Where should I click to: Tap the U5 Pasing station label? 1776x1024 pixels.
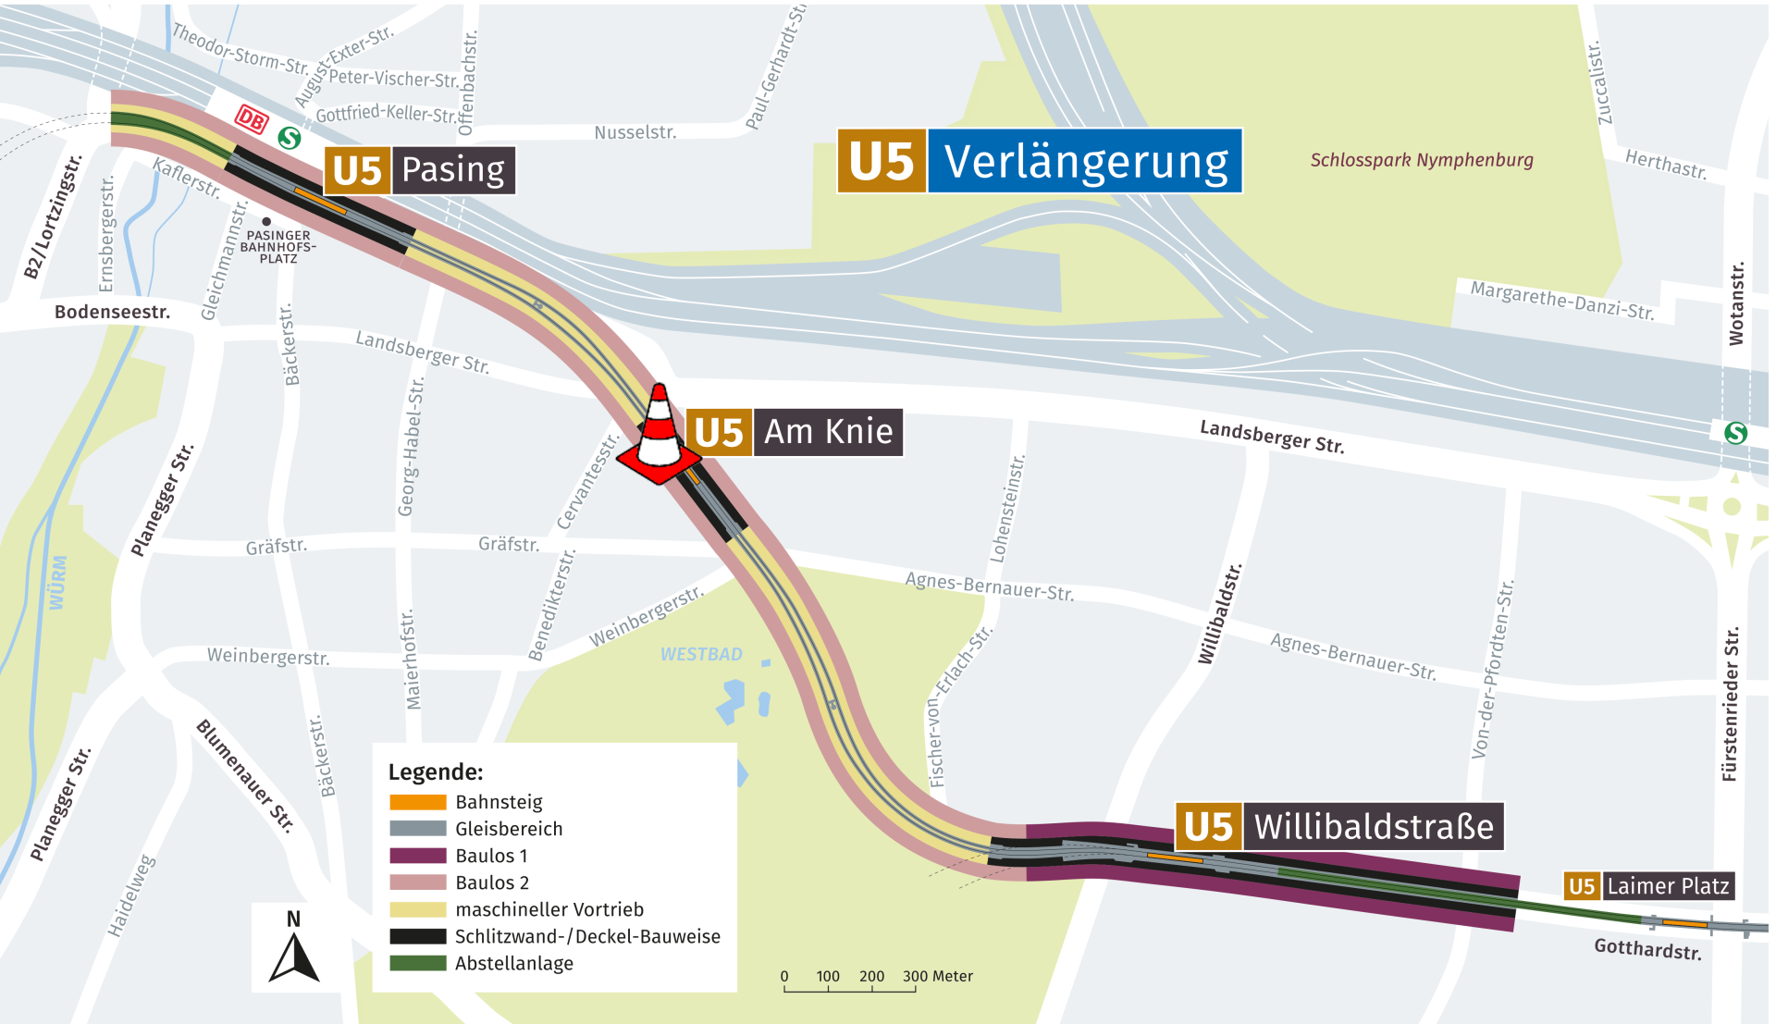(420, 170)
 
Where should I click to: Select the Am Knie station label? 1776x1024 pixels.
(795, 432)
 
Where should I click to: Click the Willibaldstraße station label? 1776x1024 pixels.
(1339, 826)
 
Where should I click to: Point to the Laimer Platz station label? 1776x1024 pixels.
(1648, 886)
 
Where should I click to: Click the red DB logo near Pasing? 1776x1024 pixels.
(251, 119)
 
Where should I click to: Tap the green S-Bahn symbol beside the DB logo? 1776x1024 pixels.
(290, 138)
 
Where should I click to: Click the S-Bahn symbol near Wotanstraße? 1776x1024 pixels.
(1735, 432)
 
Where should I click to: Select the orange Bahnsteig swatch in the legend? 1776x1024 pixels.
(417, 802)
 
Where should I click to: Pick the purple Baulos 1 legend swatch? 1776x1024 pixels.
(417, 856)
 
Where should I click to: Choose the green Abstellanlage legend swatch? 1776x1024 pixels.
(417, 963)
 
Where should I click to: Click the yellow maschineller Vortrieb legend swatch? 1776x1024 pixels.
(417, 909)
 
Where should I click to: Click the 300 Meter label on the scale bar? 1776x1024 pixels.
(937, 976)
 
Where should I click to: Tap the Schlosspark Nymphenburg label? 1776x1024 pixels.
(1421, 160)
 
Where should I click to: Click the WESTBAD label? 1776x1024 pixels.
(701, 654)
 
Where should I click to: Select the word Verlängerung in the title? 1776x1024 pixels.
(1085, 162)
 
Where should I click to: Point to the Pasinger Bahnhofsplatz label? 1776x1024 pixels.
(277, 246)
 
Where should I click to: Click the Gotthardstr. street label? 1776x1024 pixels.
(1646, 948)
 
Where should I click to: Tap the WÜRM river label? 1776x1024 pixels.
(58, 582)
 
